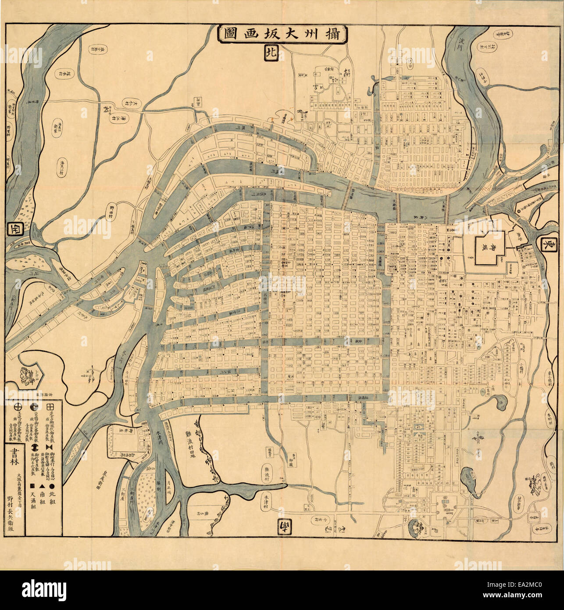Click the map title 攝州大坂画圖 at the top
click(x=282, y=34)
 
